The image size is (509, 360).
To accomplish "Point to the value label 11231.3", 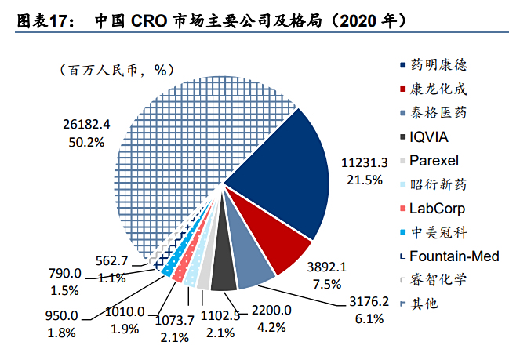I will point(364,163).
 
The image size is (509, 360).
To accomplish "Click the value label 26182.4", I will point(86,124).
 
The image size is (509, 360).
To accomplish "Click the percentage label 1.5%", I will point(66,289).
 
